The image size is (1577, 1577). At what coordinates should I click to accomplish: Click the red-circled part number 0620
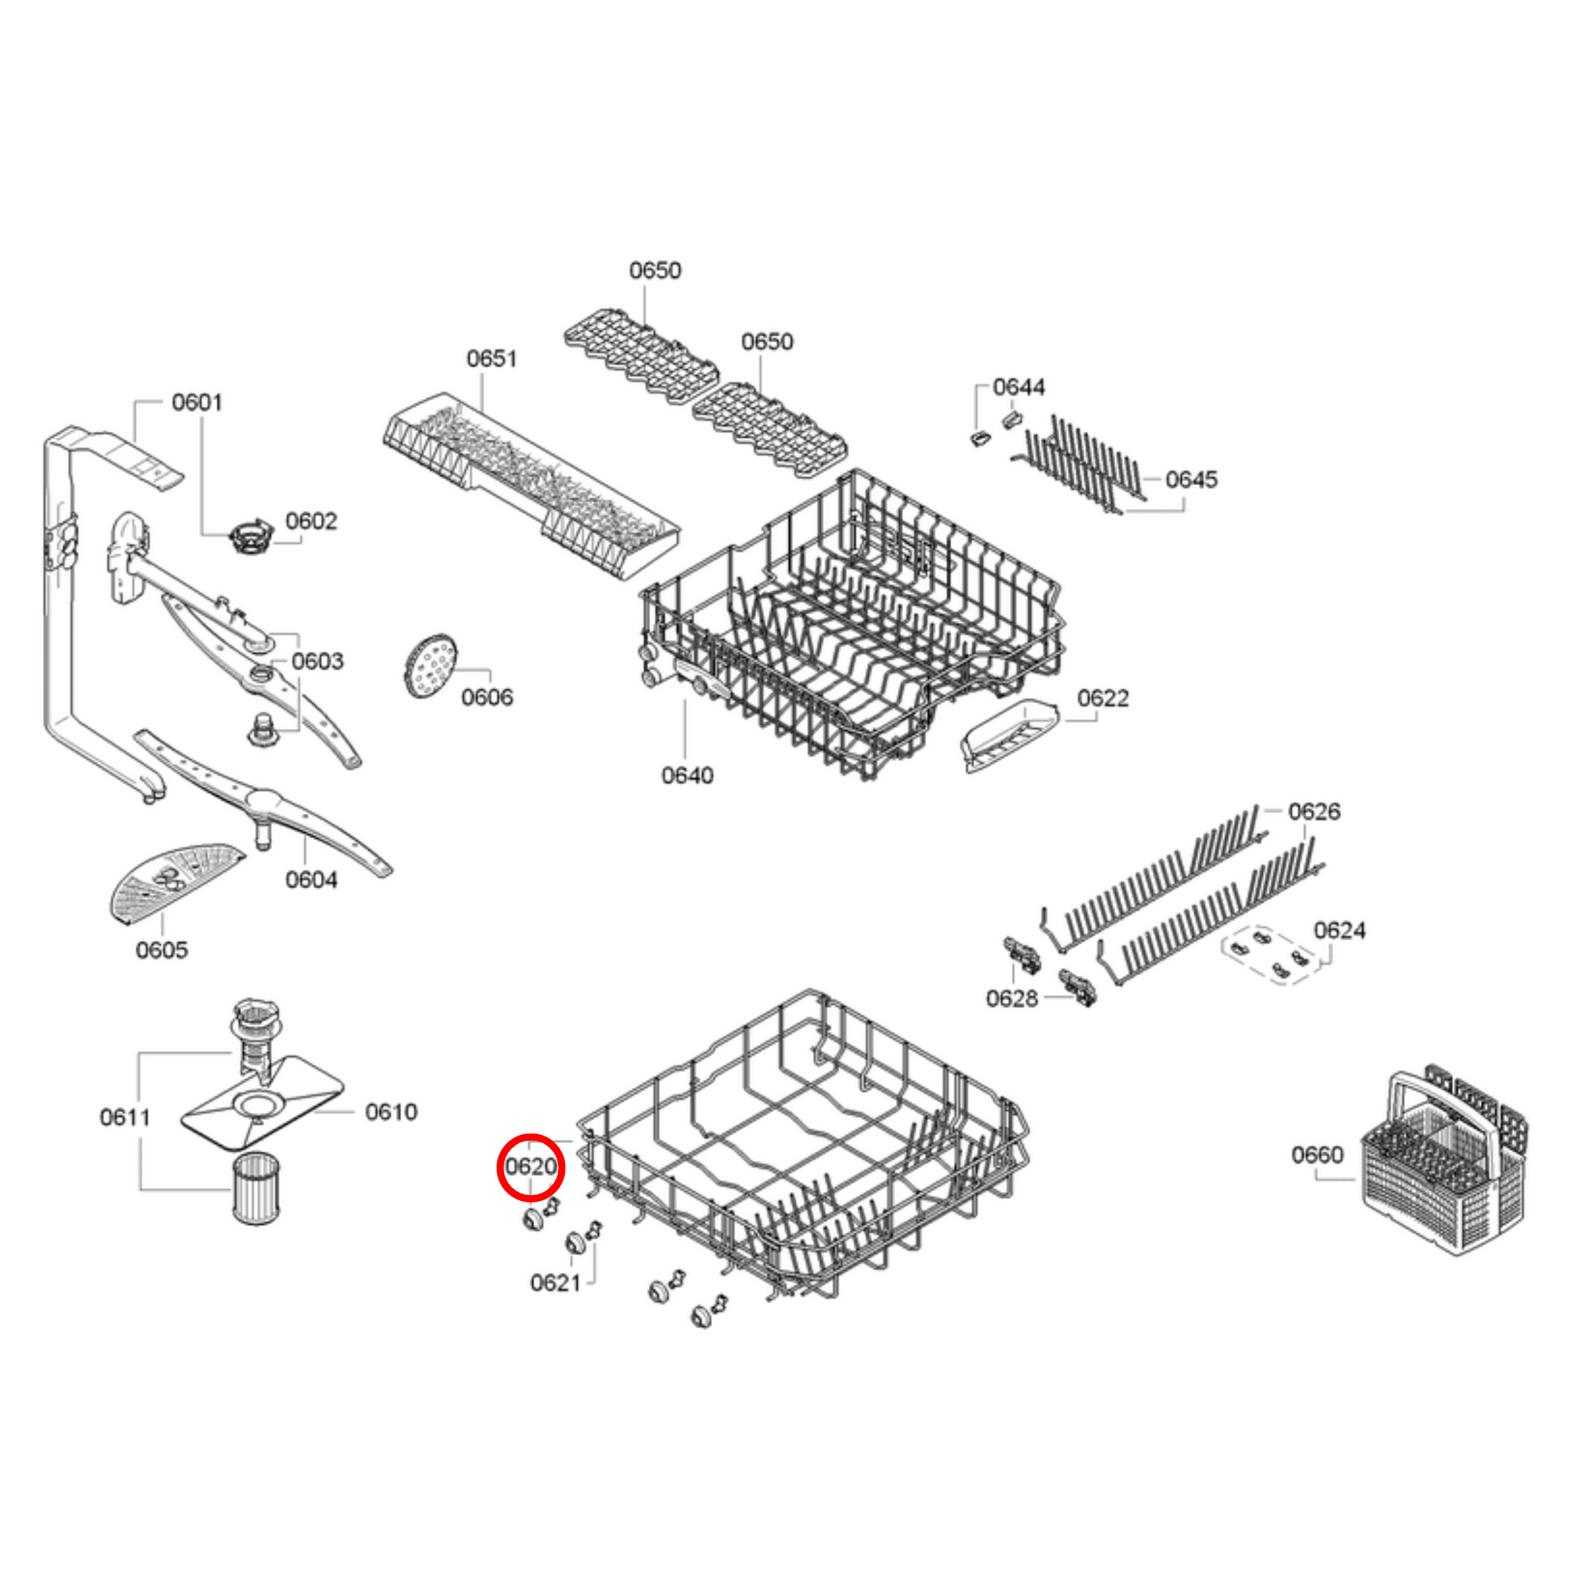coord(530,1166)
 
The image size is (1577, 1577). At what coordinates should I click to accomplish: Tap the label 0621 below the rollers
coord(555,1282)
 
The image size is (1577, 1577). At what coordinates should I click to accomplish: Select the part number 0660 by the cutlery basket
coord(1316,1154)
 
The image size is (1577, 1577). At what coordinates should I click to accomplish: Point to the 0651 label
coord(491,358)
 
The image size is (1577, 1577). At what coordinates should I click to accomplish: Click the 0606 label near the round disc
coord(487,696)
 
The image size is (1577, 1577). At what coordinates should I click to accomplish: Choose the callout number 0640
coord(686,775)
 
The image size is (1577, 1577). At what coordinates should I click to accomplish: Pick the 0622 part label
coord(1102,698)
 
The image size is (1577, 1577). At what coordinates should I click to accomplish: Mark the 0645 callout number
coord(1191,479)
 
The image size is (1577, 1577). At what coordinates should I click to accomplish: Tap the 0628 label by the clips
coord(1011,997)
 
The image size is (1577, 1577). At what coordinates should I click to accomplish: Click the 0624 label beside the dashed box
coord(1339,930)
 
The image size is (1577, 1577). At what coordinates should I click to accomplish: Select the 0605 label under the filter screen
coord(161,950)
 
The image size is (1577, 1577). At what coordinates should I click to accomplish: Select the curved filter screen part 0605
coord(172,882)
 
